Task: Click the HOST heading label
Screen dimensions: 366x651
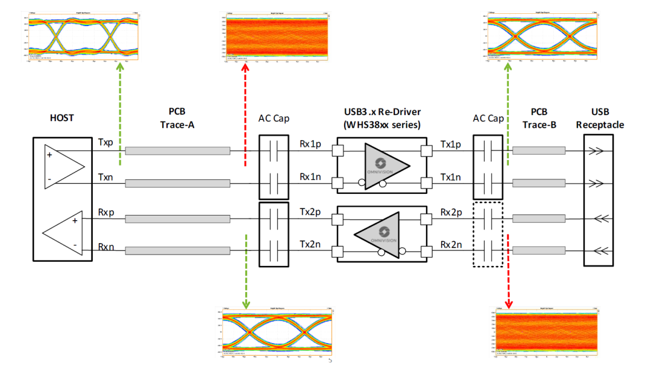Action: (61, 118)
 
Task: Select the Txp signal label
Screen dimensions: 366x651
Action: (105, 143)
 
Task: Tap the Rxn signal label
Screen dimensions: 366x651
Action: (105, 246)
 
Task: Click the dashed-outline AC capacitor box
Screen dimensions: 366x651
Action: (488, 234)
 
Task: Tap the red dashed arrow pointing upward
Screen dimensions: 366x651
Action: (245, 114)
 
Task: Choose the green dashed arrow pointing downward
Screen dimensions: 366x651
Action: (246, 271)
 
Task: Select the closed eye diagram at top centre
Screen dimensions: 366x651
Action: (277, 36)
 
